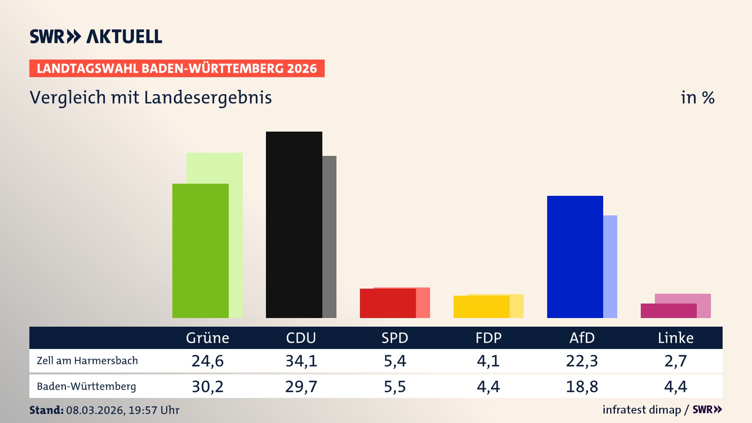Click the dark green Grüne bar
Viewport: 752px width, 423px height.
200,251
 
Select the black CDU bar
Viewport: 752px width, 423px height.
294,225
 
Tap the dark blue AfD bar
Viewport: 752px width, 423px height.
575,257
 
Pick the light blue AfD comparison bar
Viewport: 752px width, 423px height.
610,266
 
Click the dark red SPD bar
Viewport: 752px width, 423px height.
387,304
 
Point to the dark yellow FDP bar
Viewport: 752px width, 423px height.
481,307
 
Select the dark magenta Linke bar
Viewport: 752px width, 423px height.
668,311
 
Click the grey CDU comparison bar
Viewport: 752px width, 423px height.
329,237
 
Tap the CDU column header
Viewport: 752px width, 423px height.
301,338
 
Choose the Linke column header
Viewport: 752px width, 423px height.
675,338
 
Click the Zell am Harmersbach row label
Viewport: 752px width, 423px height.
87,361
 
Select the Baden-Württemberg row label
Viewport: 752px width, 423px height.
86,387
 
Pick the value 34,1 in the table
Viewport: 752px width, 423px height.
301,361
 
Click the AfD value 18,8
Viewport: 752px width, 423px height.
582,387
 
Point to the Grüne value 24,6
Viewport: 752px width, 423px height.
207,361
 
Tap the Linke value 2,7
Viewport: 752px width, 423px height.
675,361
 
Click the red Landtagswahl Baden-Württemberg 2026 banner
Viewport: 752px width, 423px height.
177,69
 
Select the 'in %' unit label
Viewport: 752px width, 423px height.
697,98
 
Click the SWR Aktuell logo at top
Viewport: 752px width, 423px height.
96,36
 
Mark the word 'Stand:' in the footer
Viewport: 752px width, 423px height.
46,410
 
